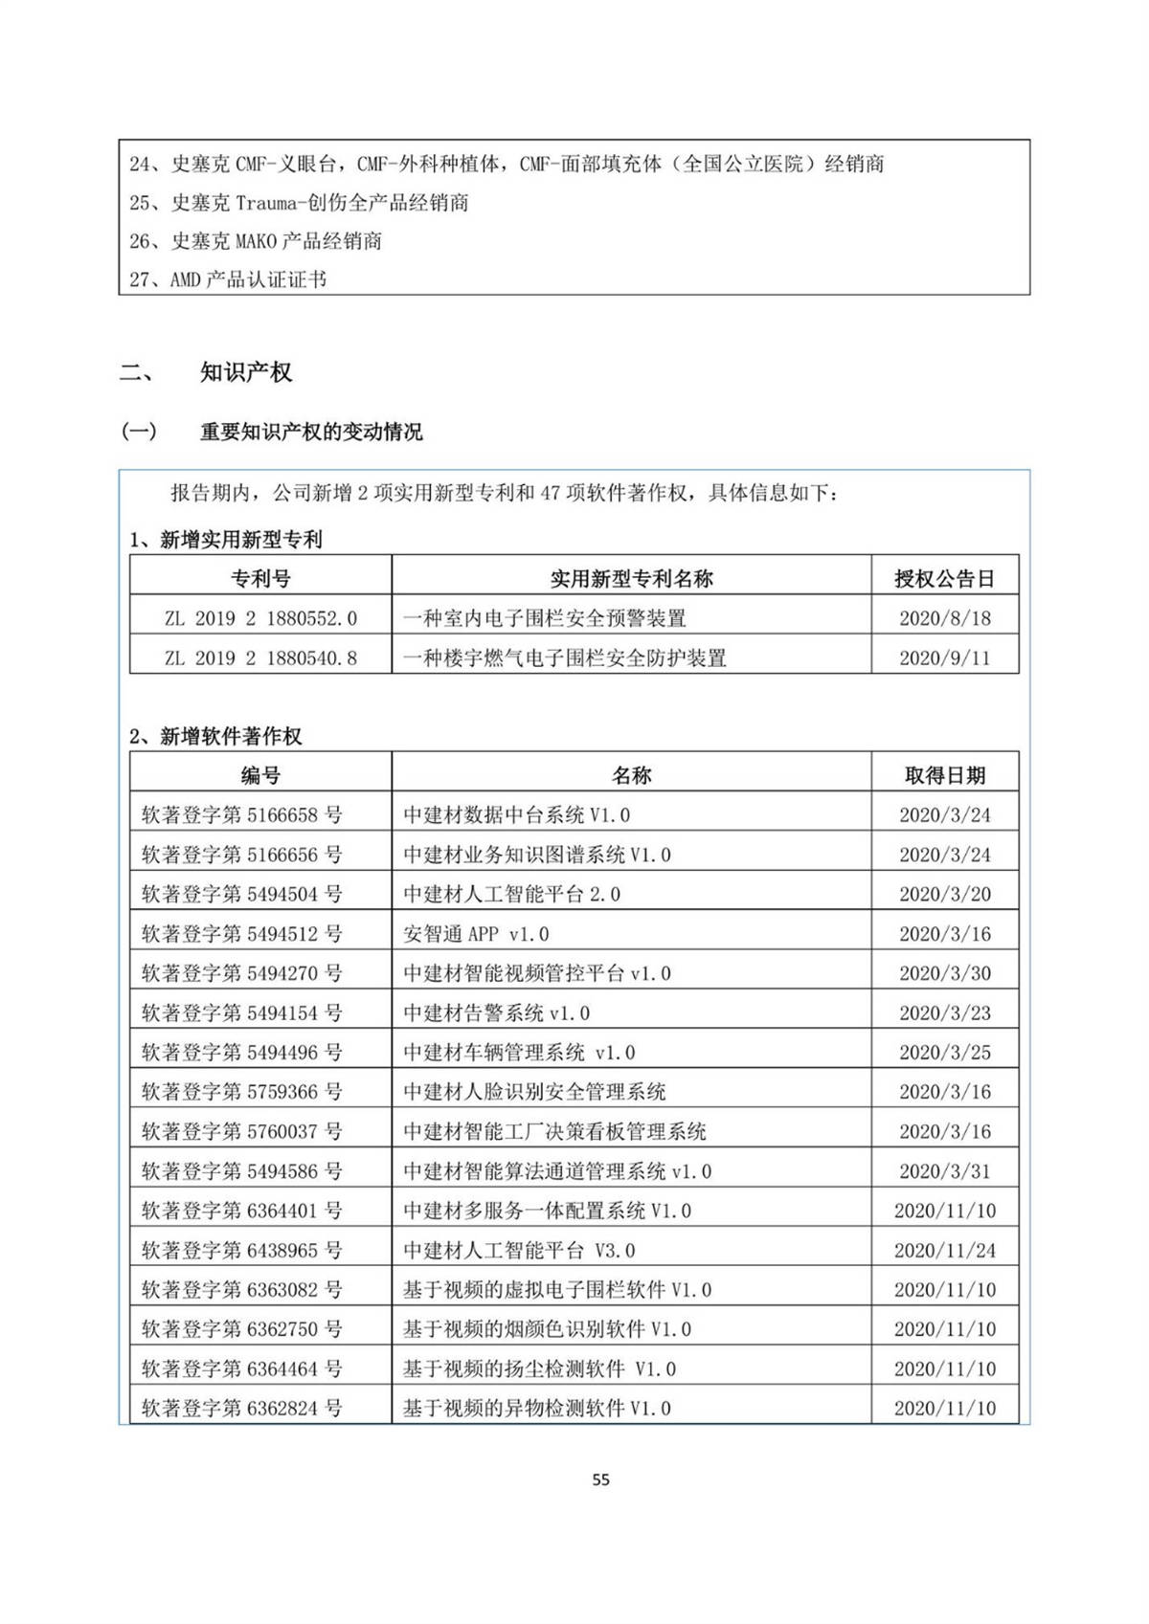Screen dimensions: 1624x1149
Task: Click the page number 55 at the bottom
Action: click(x=600, y=1479)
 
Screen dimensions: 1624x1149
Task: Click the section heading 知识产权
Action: click(x=246, y=372)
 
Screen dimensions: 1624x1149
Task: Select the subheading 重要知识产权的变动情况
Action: click(x=311, y=432)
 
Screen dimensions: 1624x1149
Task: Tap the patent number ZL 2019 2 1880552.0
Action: click(x=260, y=618)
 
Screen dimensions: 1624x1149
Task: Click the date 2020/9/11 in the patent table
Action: click(x=944, y=657)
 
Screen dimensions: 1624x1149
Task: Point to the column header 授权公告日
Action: click(x=944, y=578)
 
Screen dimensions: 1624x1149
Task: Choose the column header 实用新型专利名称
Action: click(x=631, y=578)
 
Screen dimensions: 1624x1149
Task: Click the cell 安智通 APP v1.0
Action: click(x=476, y=934)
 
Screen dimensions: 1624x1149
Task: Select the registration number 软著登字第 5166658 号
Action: click(x=241, y=815)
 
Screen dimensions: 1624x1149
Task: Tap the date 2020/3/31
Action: click(x=944, y=1171)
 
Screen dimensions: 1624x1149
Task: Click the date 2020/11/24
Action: click(x=944, y=1250)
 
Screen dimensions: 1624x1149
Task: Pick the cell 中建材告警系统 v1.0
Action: click(x=496, y=1012)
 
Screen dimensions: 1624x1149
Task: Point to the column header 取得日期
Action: click(x=944, y=775)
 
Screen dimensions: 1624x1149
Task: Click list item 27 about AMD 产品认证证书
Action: click(x=228, y=279)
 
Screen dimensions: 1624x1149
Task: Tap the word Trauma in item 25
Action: click(x=264, y=203)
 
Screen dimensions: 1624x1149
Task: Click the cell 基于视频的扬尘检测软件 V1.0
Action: click(x=539, y=1368)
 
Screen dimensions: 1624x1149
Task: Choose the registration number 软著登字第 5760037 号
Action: click(x=241, y=1131)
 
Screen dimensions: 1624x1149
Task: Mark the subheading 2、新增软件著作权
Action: click(x=215, y=736)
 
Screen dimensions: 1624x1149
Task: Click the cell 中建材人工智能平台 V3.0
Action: click(x=519, y=1250)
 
